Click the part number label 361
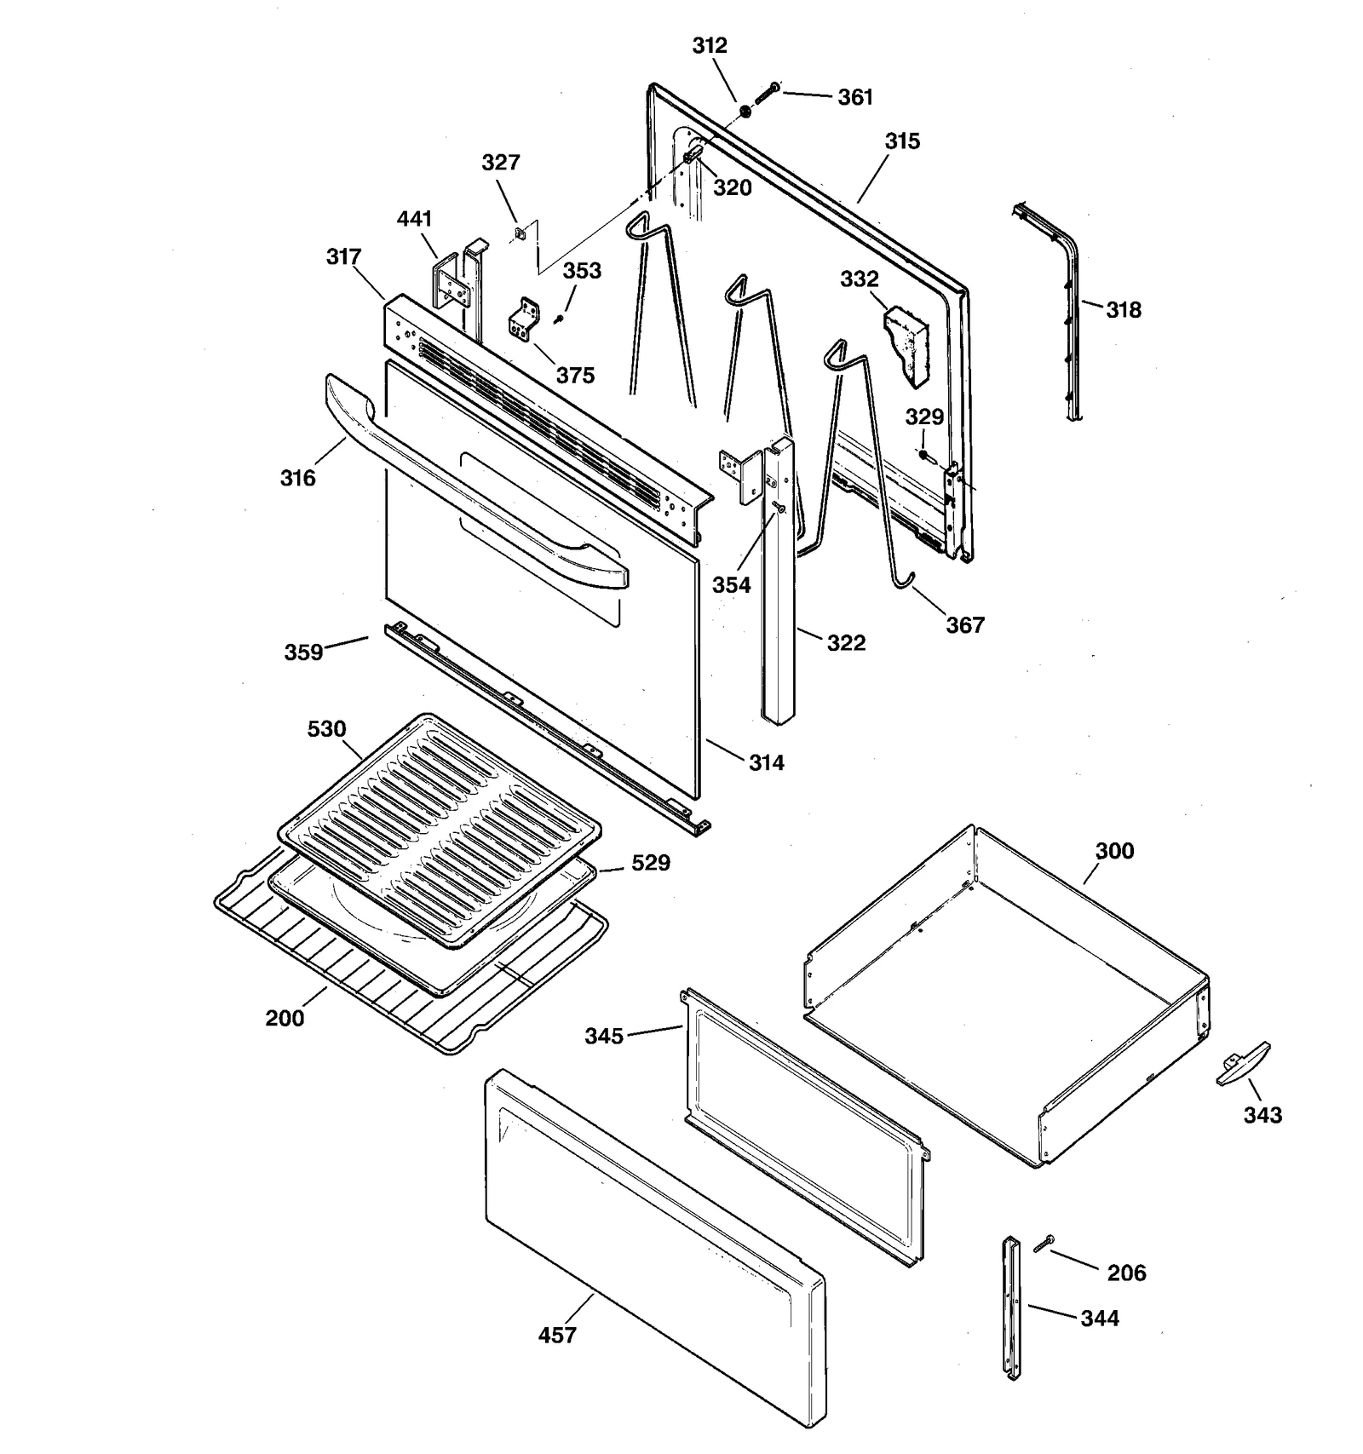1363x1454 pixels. [855, 98]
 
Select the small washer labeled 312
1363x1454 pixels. [745, 110]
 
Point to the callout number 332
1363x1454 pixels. [859, 279]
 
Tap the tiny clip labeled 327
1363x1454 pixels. [518, 233]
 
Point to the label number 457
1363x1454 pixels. [557, 1336]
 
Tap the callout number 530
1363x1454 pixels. [327, 729]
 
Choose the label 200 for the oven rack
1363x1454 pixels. [285, 1018]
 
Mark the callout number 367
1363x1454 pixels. [964, 625]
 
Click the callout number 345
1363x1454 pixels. [604, 1036]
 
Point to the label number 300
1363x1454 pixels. [1114, 851]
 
